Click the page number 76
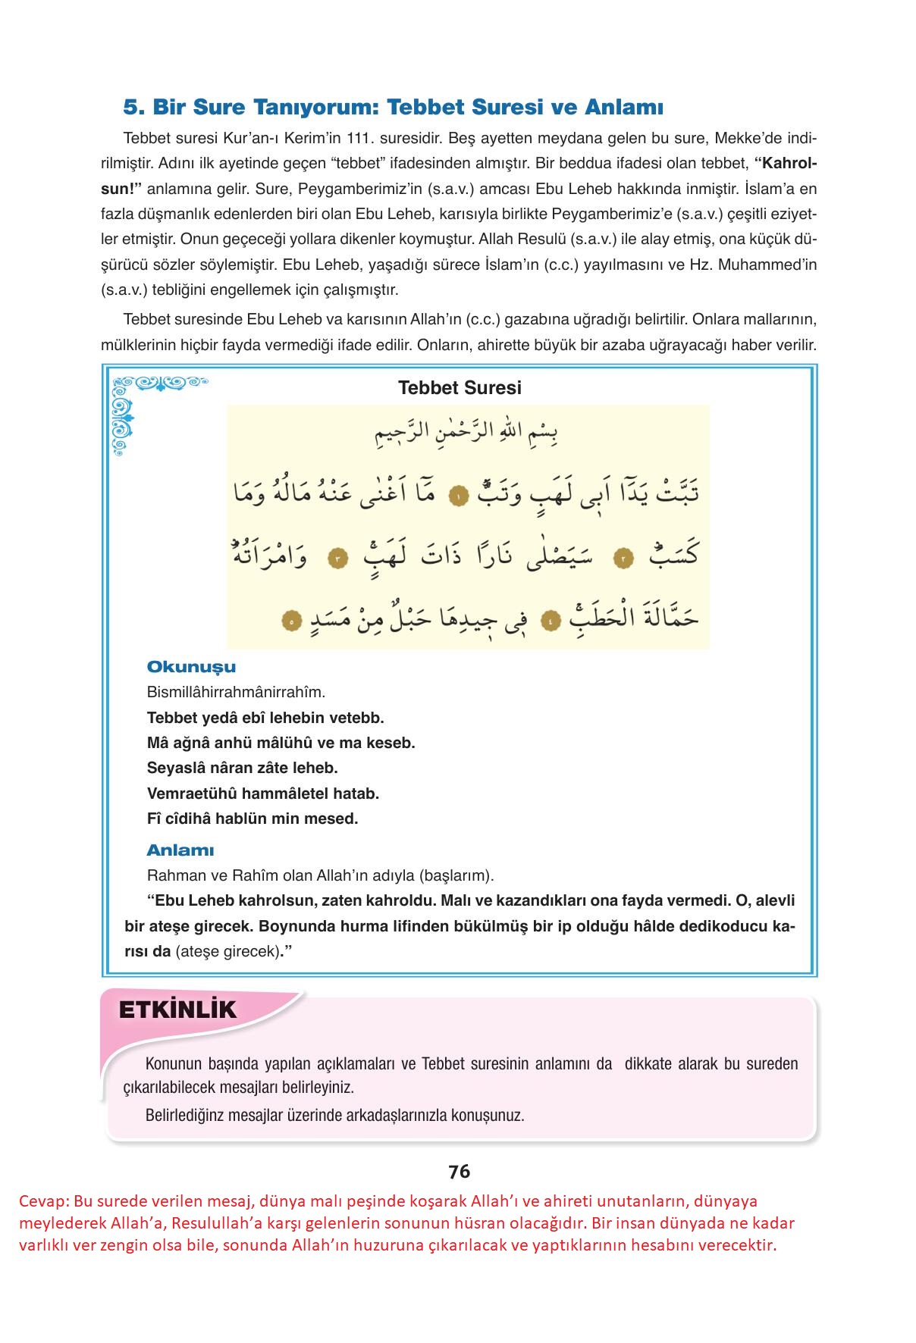coord(459,1171)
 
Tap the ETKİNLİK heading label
coord(177,1010)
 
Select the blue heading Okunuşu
coord(191,667)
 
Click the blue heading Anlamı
coord(180,850)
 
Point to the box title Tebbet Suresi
coord(460,388)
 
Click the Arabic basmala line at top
coord(467,437)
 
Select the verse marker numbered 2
coord(623,559)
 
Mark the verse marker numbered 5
coord(290,621)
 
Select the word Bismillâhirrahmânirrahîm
coord(236,692)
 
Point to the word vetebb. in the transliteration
coord(357,717)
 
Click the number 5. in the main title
coord(133,108)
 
